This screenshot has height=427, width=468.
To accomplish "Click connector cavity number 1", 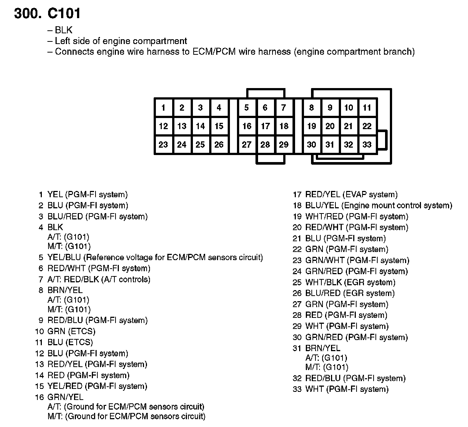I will click(163, 108).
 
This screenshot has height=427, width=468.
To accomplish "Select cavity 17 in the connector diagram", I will click(265, 126).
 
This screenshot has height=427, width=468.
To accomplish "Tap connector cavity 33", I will click(367, 145).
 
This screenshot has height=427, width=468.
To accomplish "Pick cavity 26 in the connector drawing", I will click(219, 145).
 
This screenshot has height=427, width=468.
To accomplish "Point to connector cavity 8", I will click(311, 108).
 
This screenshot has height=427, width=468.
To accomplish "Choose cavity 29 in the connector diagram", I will click(284, 145).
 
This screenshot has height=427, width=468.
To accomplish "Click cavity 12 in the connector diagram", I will click(163, 126).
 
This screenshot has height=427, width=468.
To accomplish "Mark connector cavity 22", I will click(367, 126).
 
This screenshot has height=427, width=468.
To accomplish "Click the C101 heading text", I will click(64, 14).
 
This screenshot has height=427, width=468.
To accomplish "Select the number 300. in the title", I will click(28, 14).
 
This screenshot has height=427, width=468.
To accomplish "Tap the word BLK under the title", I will click(63, 30).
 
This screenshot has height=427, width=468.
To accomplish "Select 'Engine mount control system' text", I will click(397, 205).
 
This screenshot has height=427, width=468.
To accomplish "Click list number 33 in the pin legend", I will click(297, 389).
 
